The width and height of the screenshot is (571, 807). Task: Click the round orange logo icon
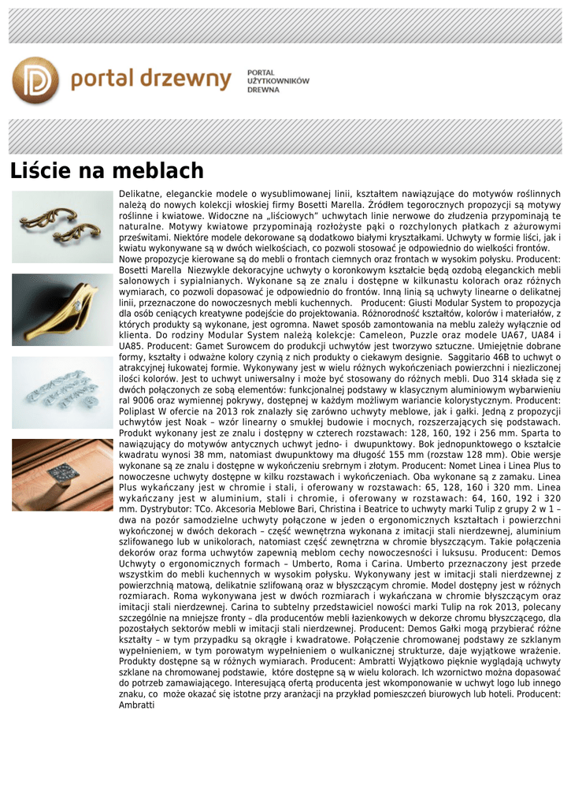click(x=35, y=80)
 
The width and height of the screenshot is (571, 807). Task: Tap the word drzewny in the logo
click(x=188, y=80)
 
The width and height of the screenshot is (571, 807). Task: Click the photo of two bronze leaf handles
click(x=62, y=227)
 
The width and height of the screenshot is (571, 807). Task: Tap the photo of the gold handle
click(x=62, y=310)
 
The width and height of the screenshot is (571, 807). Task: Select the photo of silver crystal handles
click(x=62, y=392)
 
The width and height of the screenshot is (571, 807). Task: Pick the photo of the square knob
click(x=62, y=474)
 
